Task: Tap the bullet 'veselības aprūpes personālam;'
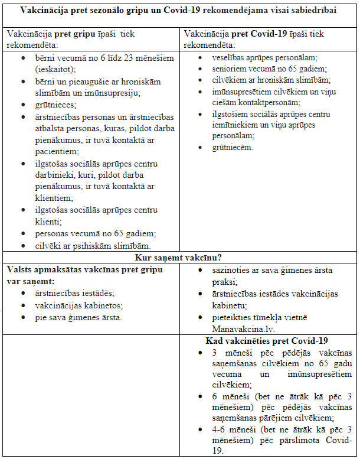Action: pyautogui.click(x=264, y=57)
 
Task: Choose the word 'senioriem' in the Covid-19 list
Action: pyautogui.click(x=231, y=69)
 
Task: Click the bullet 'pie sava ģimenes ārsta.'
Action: pyautogui.click(x=79, y=317)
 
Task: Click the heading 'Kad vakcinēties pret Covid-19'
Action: pyautogui.click(x=267, y=341)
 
